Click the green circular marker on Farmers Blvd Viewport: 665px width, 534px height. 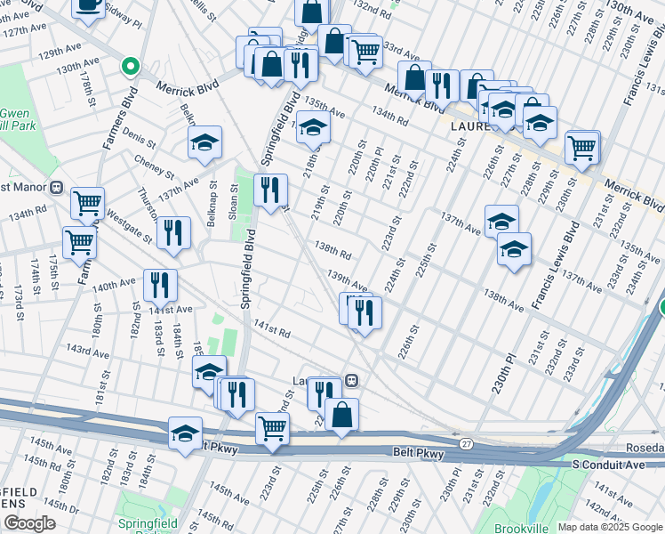(x=130, y=67)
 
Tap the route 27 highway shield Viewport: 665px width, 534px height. (x=466, y=442)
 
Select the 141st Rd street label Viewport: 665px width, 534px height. (x=272, y=331)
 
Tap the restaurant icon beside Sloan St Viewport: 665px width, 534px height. (x=270, y=190)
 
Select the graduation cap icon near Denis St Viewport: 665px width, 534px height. (x=204, y=142)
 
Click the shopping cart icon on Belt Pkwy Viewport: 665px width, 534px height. (x=272, y=428)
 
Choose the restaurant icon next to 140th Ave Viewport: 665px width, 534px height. (x=161, y=285)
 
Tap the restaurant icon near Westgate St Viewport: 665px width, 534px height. (x=173, y=233)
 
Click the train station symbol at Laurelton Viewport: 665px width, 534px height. (x=352, y=381)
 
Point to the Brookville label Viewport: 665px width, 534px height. (x=522, y=529)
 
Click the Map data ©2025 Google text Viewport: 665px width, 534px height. (x=609, y=527)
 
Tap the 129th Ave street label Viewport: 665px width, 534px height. (x=58, y=53)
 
